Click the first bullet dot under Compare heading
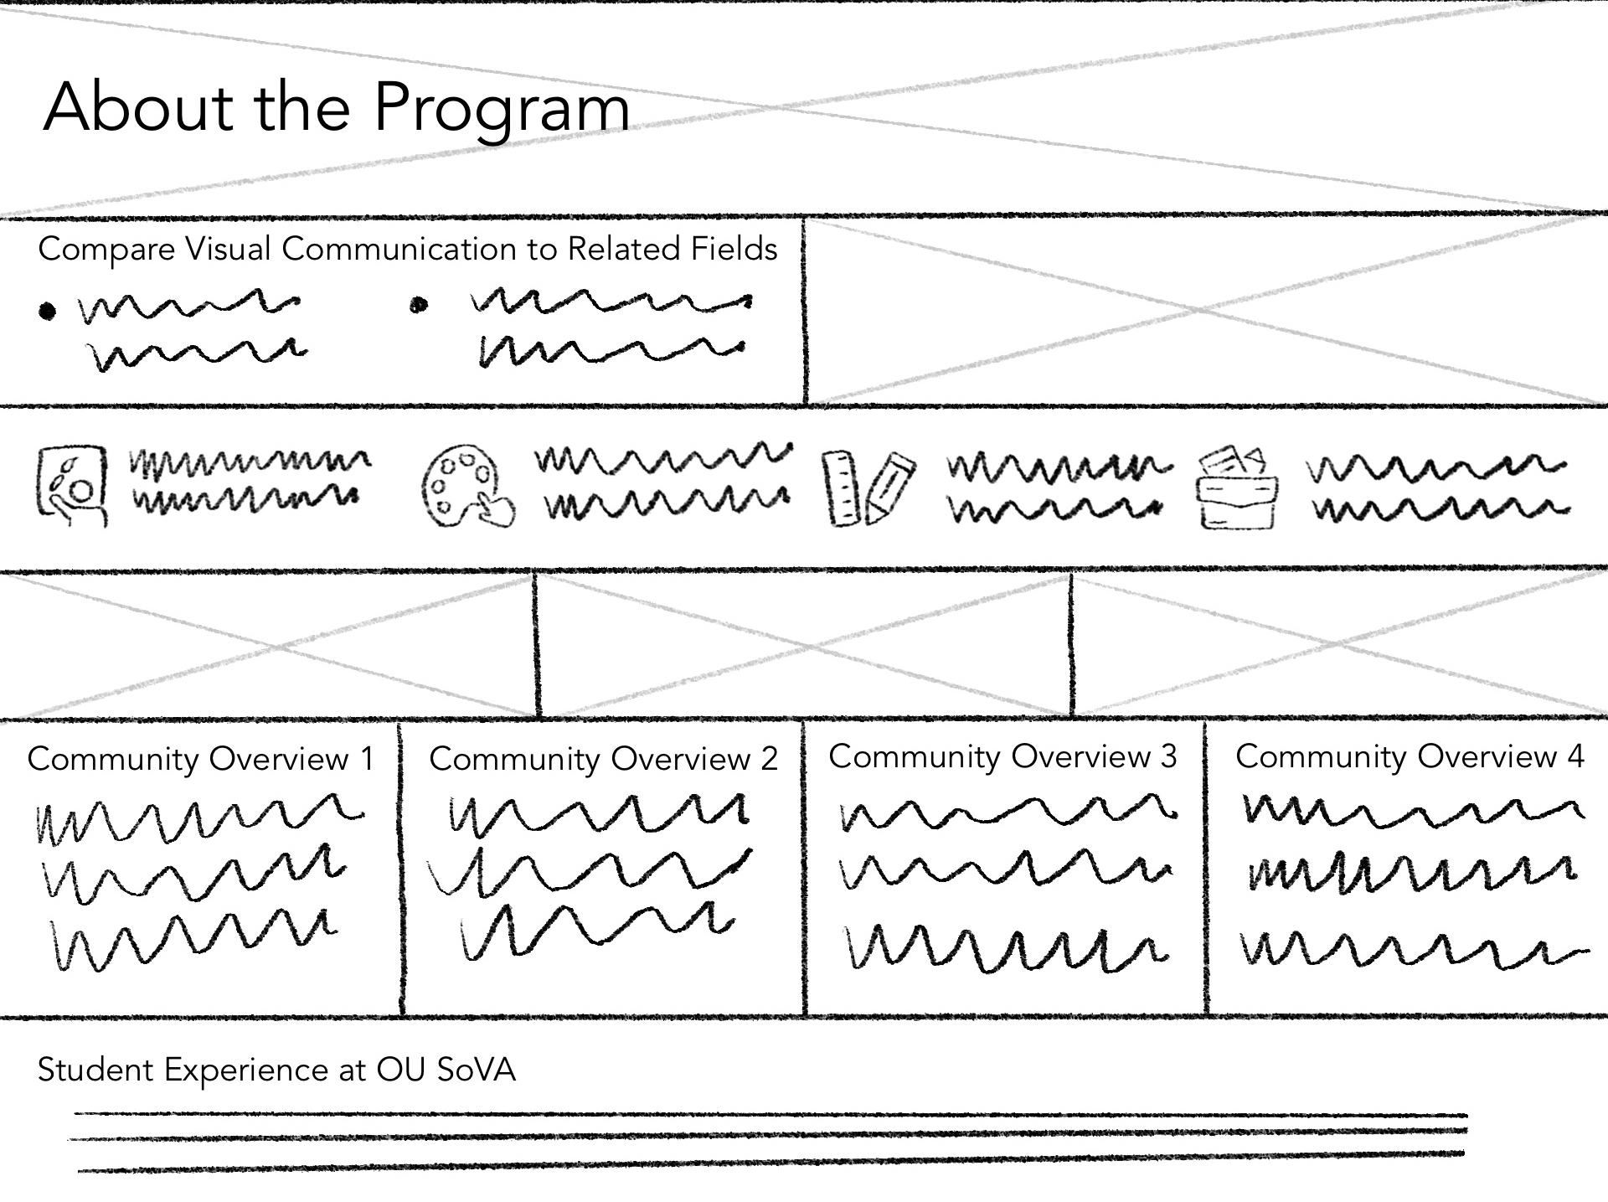click(48, 312)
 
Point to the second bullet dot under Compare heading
click(419, 306)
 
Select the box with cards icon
click(1238, 488)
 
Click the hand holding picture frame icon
click(72, 486)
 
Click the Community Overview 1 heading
click(200, 759)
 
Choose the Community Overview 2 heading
click(603, 759)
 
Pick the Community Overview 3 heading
click(1002, 756)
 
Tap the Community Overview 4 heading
click(1410, 756)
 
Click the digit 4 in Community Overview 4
click(1575, 756)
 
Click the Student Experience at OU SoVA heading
click(276, 1070)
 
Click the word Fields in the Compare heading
click(734, 249)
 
